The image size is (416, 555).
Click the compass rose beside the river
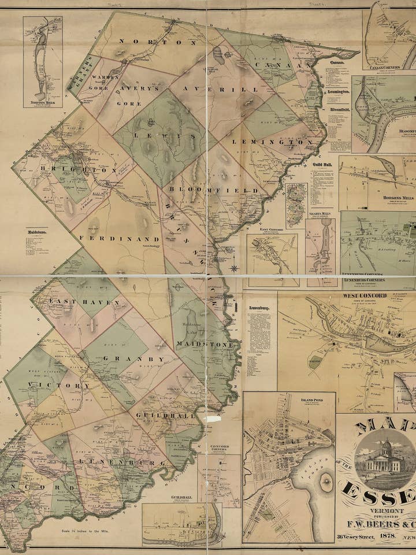[234, 268]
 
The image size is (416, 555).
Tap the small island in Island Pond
[325, 479]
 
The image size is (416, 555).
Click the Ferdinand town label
[119, 238]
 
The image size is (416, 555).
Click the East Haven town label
[84, 302]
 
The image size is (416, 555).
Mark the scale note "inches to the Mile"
[90, 530]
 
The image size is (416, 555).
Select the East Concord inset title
[272, 230]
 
